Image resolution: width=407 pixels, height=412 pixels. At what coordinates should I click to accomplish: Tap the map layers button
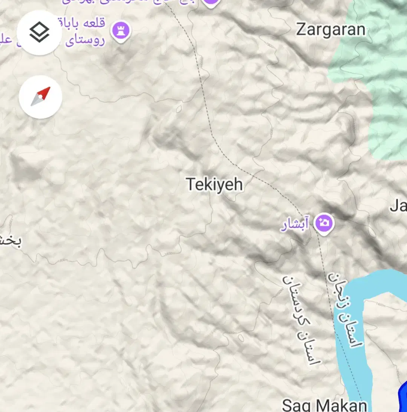[x=39, y=33]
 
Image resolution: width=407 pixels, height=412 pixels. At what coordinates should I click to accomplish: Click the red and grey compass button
[x=40, y=97]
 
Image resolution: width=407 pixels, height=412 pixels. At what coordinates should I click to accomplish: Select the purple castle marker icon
[x=121, y=30]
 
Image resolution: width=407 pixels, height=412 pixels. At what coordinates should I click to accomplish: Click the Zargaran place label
[x=330, y=29]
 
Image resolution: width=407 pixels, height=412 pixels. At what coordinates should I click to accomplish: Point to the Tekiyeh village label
[x=214, y=185]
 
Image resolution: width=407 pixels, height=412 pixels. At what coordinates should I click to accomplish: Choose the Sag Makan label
[x=324, y=405]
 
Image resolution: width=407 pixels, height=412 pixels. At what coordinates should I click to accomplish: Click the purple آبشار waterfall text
[x=294, y=225]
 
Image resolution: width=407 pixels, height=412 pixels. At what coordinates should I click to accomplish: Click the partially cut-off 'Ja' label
[x=398, y=206]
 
